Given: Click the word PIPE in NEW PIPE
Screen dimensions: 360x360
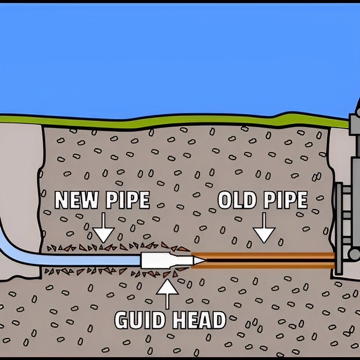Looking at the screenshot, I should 127,200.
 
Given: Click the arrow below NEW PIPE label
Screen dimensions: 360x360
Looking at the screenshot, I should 104,232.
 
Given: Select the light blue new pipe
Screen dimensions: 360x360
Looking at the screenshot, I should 85,259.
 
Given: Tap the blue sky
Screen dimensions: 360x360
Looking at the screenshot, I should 169,55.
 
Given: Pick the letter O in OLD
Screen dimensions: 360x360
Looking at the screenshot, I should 225,200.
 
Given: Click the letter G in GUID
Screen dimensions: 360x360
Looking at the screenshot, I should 123,320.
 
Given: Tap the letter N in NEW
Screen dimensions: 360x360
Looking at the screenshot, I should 63,200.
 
